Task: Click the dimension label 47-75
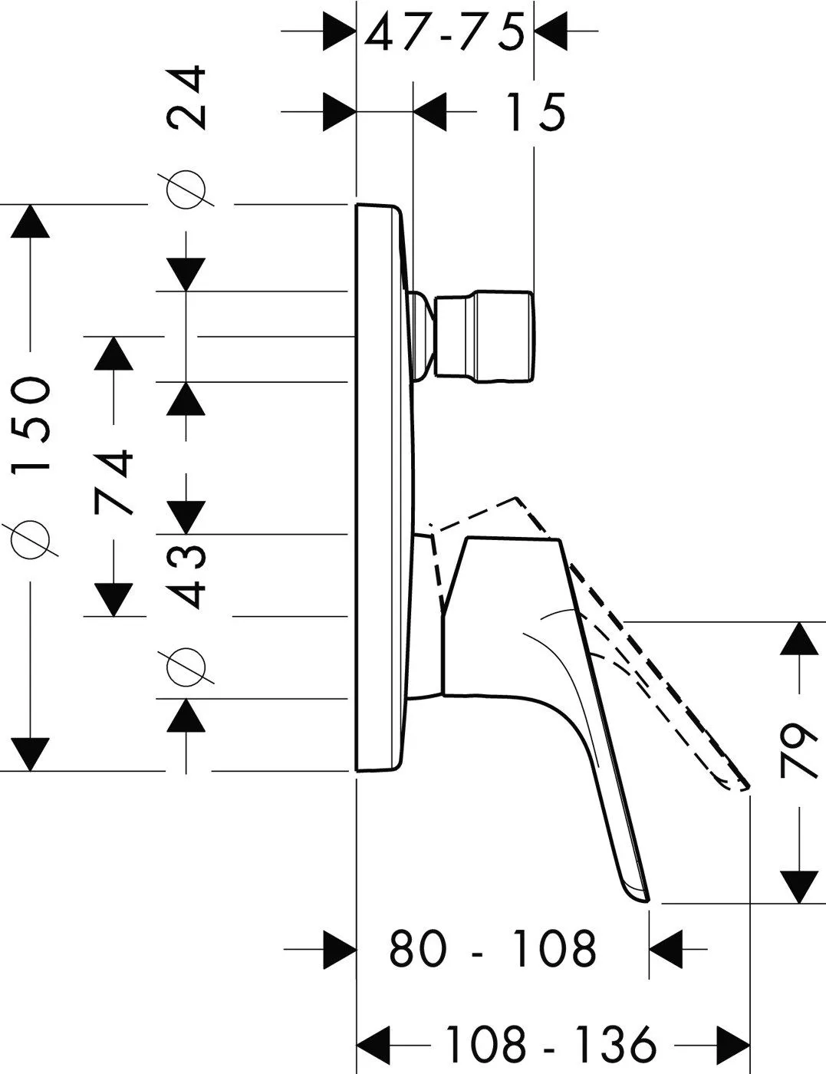(x=444, y=32)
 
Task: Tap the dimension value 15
(x=536, y=112)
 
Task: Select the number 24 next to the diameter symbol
(x=186, y=97)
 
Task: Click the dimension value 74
(x=114, y=483)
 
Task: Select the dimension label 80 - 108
(x=492, y=948)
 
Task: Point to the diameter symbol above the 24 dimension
(x=186, y=189)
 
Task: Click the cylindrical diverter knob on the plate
(x=484, y=336)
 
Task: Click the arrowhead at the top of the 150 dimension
(x=31, y=221)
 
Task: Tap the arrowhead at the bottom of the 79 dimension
(x=799, y=887)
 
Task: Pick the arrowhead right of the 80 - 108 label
(x=666, y=948)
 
